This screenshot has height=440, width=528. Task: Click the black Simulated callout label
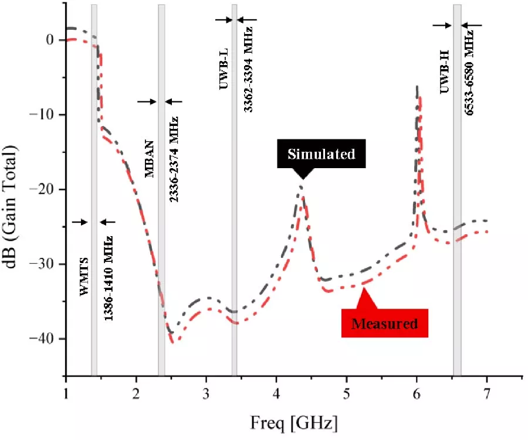tap(321, 155)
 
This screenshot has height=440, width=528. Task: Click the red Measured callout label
tap(384, 323)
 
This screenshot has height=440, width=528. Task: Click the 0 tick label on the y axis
tap(49, 40)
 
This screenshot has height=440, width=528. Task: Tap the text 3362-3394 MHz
tap(249, 69)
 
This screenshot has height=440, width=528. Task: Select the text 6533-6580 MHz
tap(470, 73)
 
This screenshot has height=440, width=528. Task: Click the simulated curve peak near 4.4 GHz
tap(301, 187)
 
